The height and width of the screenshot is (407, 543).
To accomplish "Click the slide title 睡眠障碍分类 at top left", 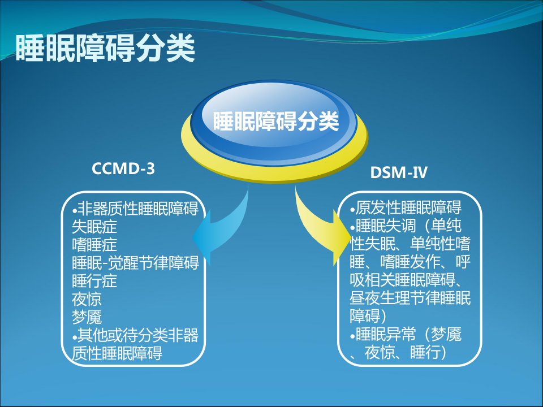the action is click(x=105, y=49).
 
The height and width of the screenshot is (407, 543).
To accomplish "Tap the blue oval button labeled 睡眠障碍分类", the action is click(x=274, y=122).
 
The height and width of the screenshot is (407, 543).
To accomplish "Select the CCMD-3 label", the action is click(x=123, y=169).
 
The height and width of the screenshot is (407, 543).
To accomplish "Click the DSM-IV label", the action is click(x=399, y=172).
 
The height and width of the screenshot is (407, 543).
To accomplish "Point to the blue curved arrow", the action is click(x=225, y=230).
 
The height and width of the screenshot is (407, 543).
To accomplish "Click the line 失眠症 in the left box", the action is click(x=94, y=227).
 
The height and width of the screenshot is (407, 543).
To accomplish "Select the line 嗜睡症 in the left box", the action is click(x=94, y=245).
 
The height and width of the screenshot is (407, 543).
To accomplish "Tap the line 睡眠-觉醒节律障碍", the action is click(x=135, y=263).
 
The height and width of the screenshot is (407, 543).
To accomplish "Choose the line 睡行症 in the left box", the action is click(x=94, y=281).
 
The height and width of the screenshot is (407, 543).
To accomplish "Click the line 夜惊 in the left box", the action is click(x=87, y=300).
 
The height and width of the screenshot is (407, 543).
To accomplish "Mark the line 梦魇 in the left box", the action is click(x=87, y=317).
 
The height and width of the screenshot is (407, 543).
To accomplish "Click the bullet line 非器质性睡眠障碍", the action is click(x=135, y=209).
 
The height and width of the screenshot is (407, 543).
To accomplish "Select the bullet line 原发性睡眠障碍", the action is click(x=406, y=207).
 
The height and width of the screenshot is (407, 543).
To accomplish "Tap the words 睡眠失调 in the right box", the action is click(x=385, y=226).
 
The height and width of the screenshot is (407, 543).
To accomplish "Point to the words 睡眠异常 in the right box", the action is click(x=385, y=335).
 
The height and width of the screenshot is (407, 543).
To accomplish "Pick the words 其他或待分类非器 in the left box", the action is click(x=138, y=335).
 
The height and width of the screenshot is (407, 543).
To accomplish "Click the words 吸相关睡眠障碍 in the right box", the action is click(x=402, y=280).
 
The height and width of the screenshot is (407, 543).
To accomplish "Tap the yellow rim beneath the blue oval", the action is click(x=274, y=172).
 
